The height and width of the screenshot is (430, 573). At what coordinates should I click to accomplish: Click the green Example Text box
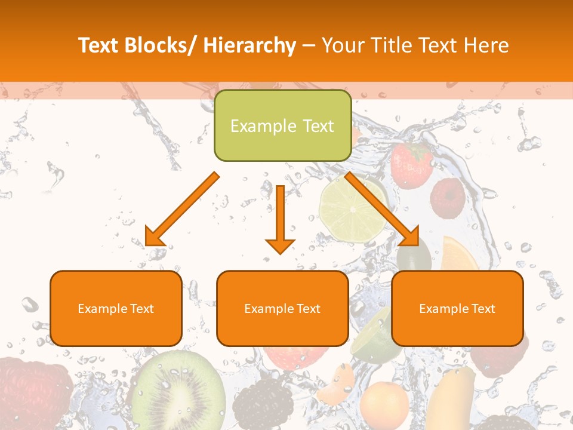282,125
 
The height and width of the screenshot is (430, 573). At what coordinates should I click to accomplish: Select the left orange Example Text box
116,308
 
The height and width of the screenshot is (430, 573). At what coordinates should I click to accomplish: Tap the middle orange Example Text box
282,308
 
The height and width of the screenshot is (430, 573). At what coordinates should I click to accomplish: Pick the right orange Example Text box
457,308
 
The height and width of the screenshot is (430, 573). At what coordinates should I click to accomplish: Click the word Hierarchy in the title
249,46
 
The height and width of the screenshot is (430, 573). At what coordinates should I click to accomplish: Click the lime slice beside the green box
353,206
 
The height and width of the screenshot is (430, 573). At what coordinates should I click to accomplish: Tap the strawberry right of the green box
412,164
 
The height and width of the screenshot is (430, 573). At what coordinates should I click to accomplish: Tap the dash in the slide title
308,46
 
